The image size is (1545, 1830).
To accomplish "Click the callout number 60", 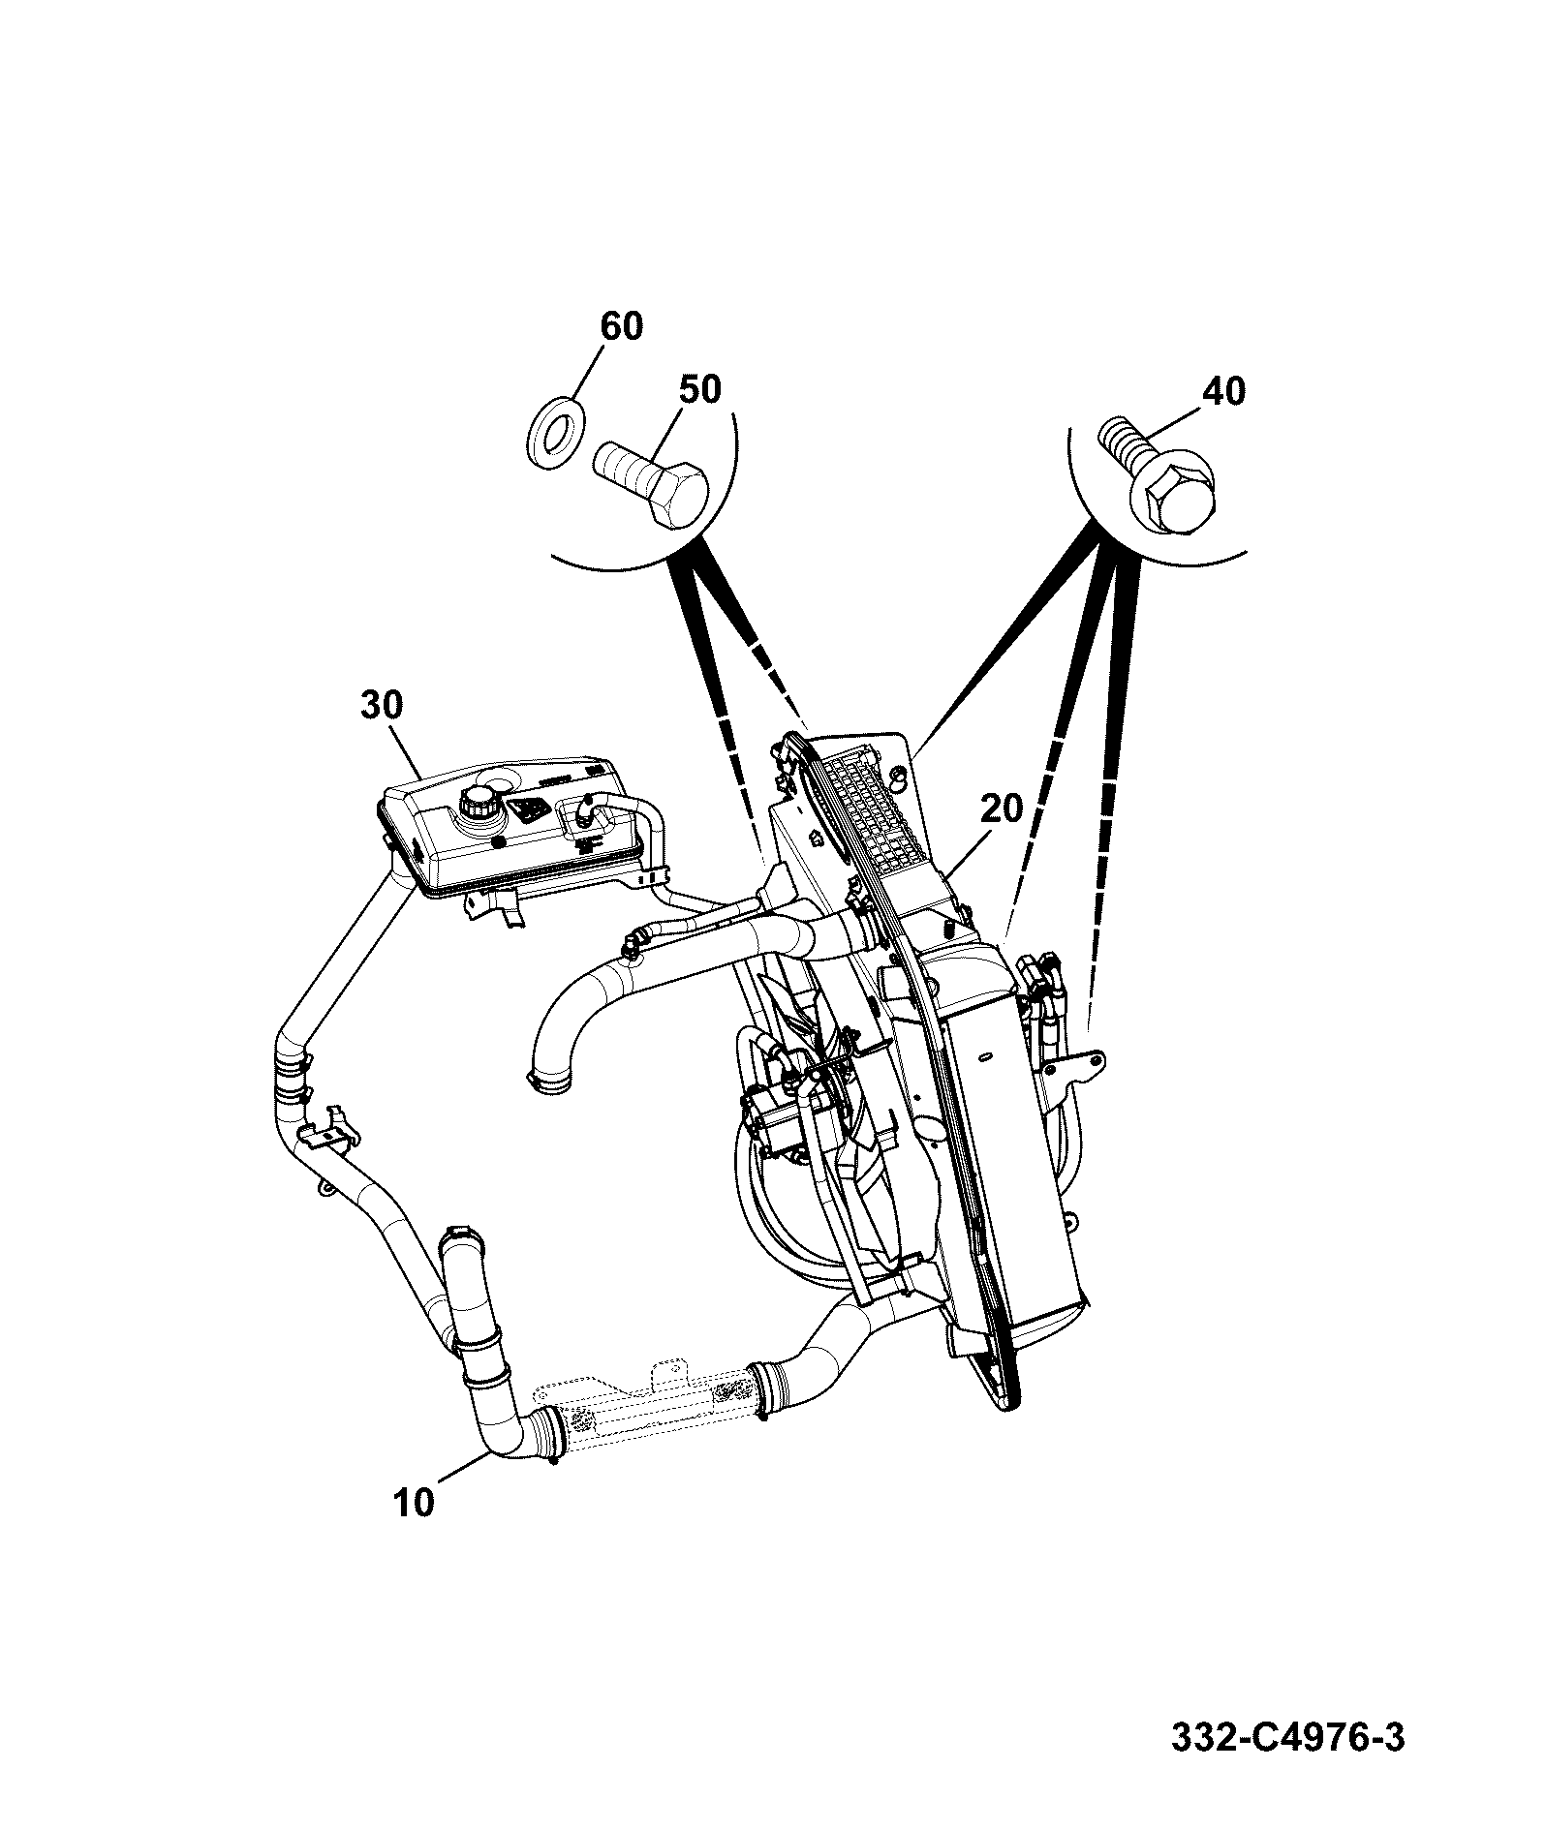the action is (621, 326).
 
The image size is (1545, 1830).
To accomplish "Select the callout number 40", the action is (1223, 391).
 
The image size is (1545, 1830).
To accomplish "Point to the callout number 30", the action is (381, 705).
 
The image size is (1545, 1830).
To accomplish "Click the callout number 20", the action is (1001, 808).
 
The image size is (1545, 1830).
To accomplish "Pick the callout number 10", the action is (415, 1531).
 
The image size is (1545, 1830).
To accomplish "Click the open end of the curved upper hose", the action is (549, 1080).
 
